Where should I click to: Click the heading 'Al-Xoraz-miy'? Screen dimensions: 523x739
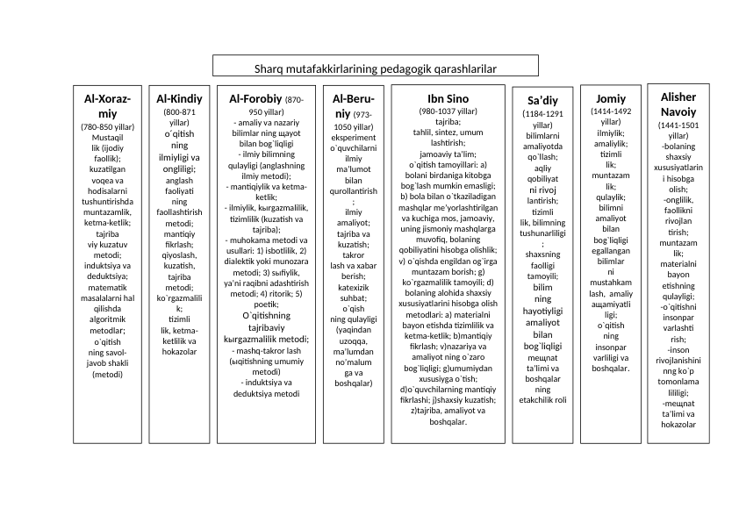tap(107, 106)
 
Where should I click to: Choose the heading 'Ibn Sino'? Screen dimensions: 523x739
tap(448, 98)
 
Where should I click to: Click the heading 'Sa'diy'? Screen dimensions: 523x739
tap(543, 101)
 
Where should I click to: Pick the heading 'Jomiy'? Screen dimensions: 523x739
tap(611, 98)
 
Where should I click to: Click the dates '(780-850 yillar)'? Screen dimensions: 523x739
tap(107, 127)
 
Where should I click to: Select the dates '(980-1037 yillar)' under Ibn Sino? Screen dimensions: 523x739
tap(448, 111)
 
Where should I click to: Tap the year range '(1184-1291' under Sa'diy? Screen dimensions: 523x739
tap(543, 114)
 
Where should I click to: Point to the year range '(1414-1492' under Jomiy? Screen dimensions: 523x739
tap(611, 111)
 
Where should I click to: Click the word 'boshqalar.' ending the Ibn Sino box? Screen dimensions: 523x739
tap(448, 421)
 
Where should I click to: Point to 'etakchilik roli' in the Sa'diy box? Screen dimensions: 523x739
tap(543, 400)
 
